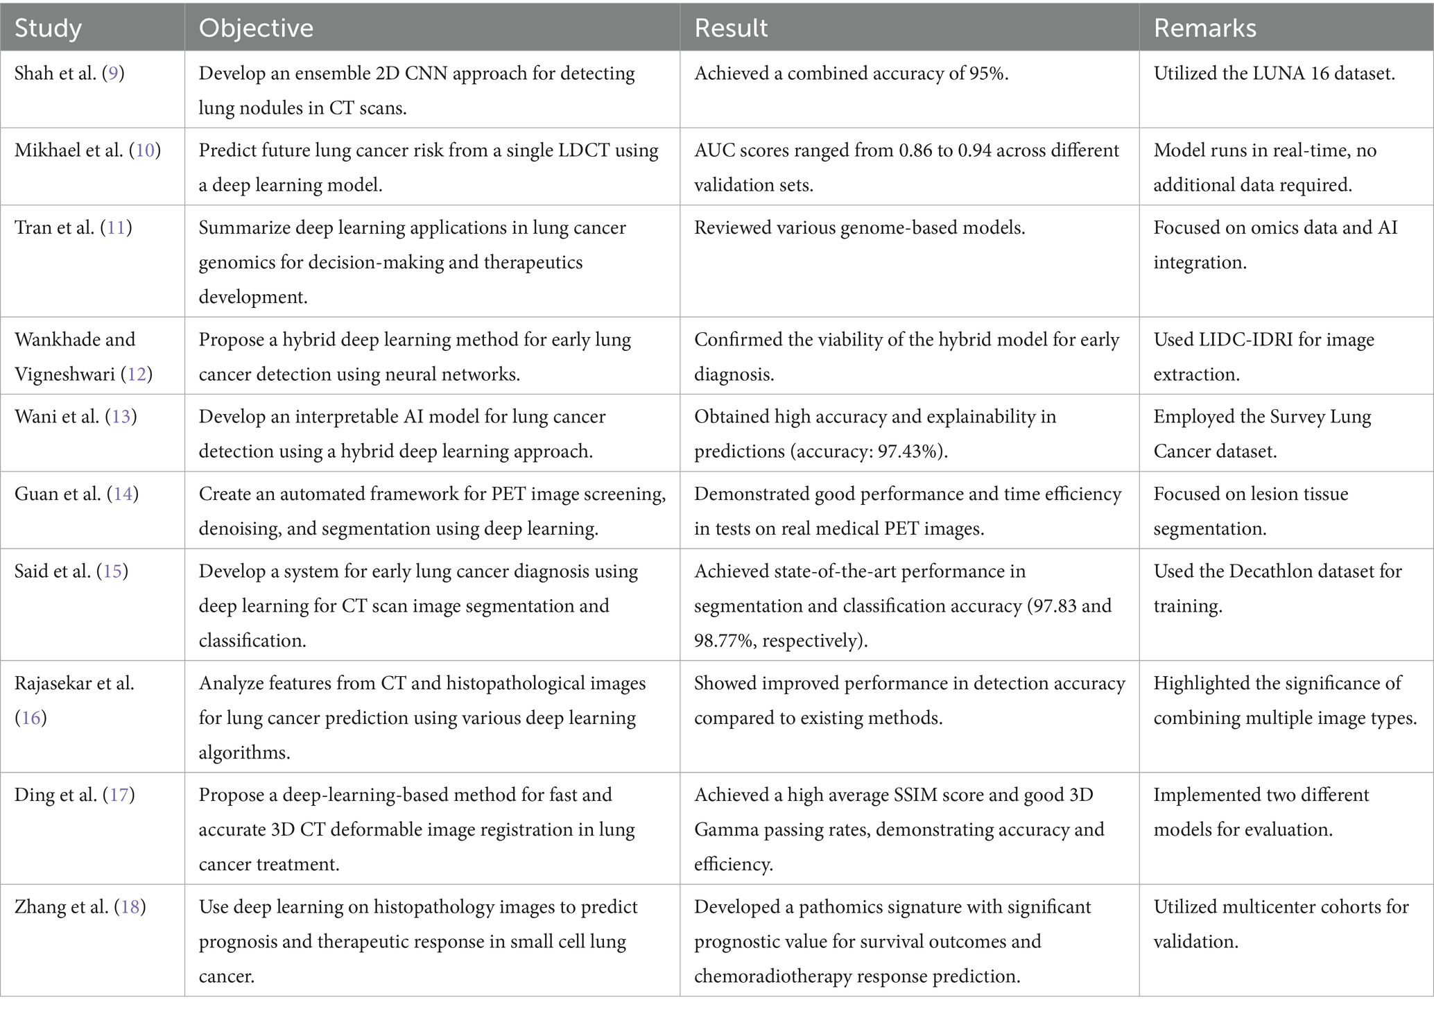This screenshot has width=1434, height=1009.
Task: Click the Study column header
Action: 48,28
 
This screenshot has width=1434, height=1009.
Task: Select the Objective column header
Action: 256,28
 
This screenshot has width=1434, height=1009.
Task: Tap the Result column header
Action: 731,28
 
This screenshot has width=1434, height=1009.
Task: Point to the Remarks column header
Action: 1204,28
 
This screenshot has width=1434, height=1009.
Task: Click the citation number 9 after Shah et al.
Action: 113,74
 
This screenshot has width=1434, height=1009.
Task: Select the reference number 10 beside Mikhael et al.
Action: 145,150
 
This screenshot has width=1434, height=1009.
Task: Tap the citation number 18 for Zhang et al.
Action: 130,907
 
